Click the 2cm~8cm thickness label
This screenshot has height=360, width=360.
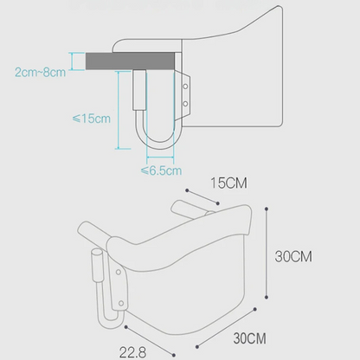point(40,72)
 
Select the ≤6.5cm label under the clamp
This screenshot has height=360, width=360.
point(161,171)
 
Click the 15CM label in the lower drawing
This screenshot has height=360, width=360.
point(229,184)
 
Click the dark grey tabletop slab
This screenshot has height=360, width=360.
point(126,61)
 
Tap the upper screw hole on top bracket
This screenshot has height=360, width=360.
point(187,86)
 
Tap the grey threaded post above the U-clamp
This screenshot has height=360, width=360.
point(138,90)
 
